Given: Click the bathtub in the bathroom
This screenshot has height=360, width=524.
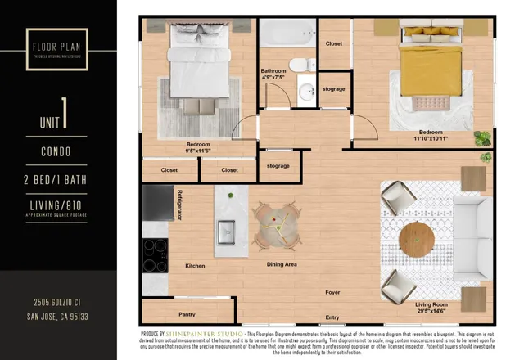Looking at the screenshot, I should point(287,35).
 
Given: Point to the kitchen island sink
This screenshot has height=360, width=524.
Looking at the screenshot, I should point(226,232).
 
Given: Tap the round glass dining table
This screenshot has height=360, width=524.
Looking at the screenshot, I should point(274,222).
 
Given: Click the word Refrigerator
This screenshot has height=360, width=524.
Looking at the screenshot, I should point(179,204).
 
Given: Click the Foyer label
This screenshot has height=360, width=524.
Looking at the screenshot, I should point(332,291).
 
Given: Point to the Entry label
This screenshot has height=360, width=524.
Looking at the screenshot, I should point(332,317).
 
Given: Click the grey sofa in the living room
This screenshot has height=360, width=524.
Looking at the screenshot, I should point(475,237).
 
